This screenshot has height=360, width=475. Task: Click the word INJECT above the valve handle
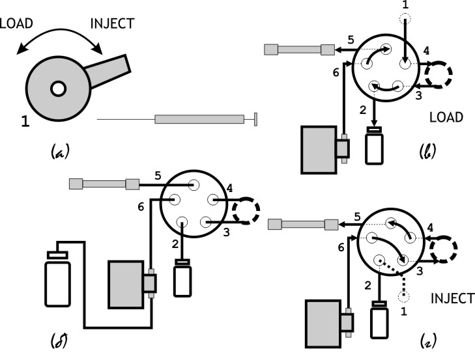[112, 24]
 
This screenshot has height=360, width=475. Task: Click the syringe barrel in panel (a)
[198, 119]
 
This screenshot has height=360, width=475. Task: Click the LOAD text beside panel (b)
[446, 118]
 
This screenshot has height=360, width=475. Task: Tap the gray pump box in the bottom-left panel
[126, 283]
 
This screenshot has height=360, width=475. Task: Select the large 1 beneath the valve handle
[24, 119]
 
